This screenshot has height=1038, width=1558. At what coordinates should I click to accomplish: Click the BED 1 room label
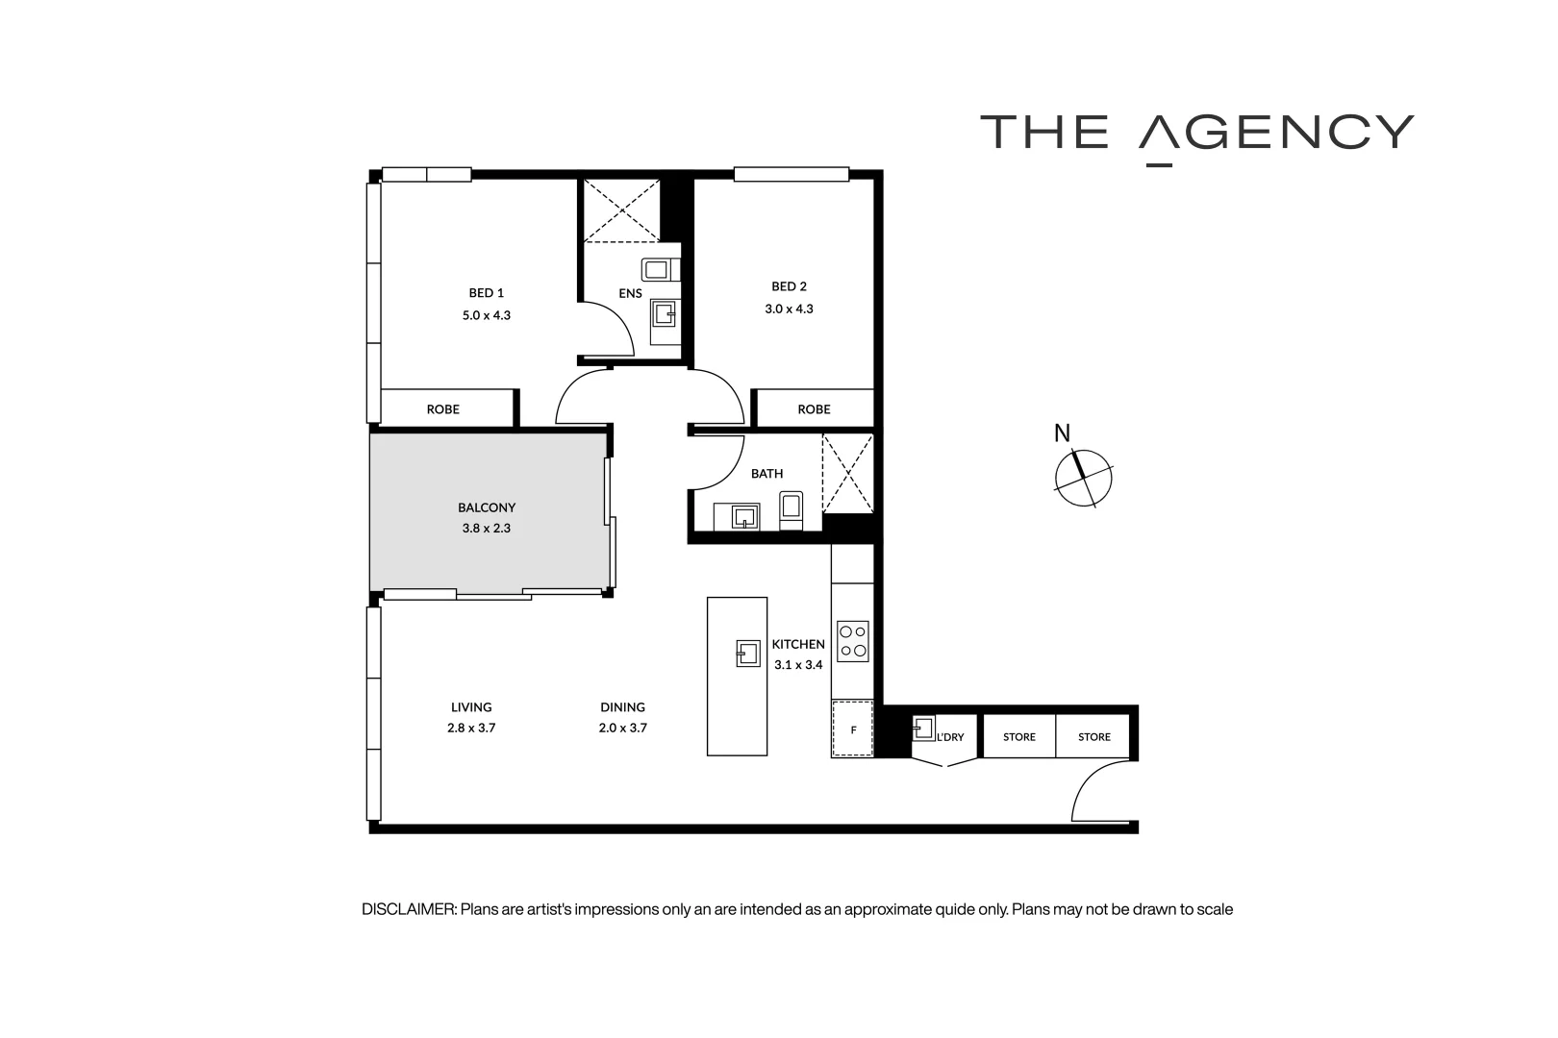pyautogui.click(x=486, y=293)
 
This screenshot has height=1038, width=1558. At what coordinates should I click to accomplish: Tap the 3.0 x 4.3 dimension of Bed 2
pyautogui.click(x=789, y=309)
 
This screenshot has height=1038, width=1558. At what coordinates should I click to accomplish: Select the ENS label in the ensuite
pyautogui.click(x=630, y=293)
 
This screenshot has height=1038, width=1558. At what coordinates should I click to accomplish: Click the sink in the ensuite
pyautogui.click(x=665, y=313)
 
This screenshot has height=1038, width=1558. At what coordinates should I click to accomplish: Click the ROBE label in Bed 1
pyautogui.click(x=442, y=409)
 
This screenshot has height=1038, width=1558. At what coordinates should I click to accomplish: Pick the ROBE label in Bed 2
pyautogui.click(x=814, y=409)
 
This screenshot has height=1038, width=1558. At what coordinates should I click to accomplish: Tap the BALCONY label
pyautogui.click(x=487, y=507)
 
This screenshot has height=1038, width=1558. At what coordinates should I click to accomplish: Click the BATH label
pyautogui.click(x=766, y=474)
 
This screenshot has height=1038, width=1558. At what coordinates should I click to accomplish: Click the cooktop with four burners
pyautogui.click(x=853, y=641)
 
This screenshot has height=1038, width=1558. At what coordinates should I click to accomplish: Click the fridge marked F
pyautogui.click(x=852, y=729)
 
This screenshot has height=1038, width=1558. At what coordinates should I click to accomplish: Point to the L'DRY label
pyautogui.click(x=949, y=737)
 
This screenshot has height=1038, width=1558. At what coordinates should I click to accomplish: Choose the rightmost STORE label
pyautogui.click(x=1093, y=737)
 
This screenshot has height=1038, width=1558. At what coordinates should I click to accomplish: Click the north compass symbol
pyautogui.click(x=1083, y=478)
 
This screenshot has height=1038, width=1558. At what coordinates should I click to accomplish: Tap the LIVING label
pyautogui.click(x=471, y=707)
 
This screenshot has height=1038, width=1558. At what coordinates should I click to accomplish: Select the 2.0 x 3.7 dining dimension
pyautogui.click(x=622, y=729)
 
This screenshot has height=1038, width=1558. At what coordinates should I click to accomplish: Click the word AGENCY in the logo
pyautogui.click(x=1276, y=133)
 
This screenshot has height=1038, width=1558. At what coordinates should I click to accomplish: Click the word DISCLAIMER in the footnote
pyautogui.click(x=408, y=909)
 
